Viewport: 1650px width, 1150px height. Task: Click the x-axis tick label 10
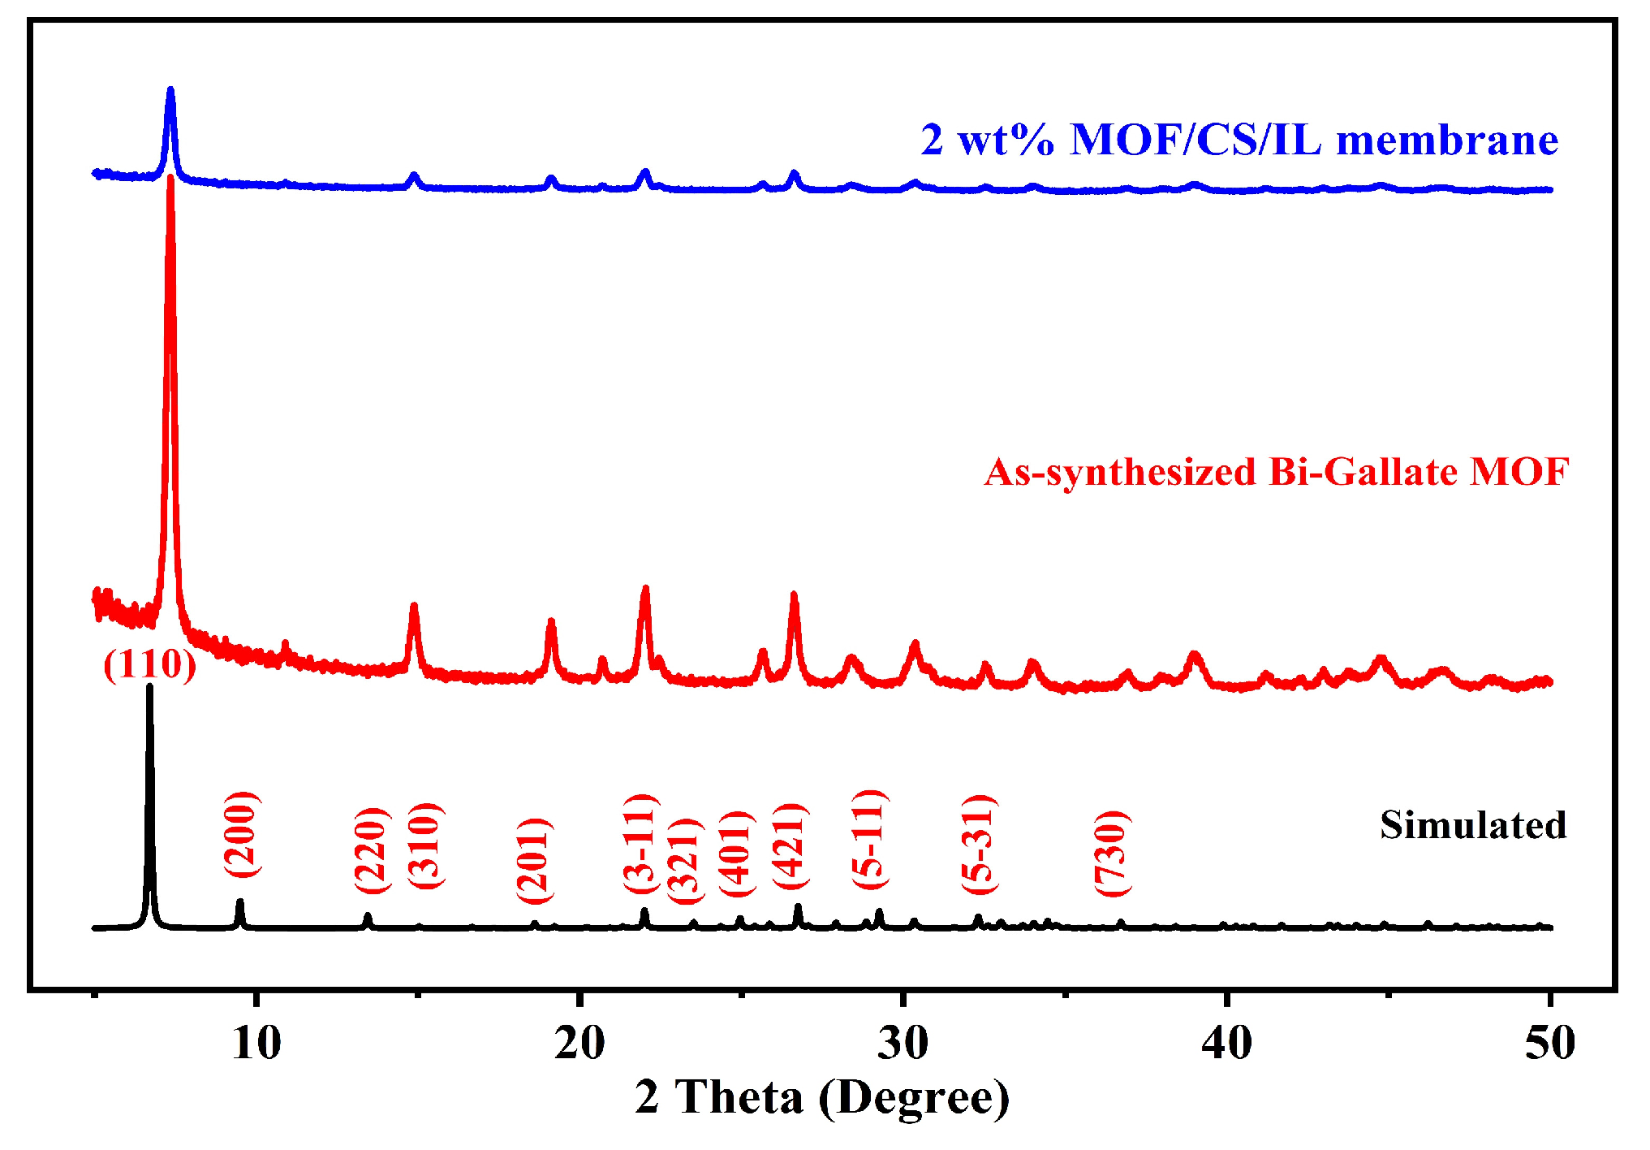[256, 1043]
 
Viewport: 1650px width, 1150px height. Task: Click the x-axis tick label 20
[579, 1043]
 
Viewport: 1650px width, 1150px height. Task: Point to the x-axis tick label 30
[903, 1043]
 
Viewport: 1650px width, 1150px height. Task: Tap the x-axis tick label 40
[1226, 1043]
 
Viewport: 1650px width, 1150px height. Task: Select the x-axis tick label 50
[1549, 1043]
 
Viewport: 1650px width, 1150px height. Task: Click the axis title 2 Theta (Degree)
[822, 1097]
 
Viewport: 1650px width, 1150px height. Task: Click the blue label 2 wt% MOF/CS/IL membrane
[1239, 140]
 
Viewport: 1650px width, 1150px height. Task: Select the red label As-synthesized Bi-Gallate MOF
[1277, 472]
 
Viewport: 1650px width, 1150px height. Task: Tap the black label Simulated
[1473, 825]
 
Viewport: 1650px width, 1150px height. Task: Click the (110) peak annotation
[150, 664]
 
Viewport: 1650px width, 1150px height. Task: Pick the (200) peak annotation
[242, 834]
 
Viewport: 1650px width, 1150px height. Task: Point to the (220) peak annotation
[373, 850]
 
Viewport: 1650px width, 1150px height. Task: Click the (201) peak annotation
[535, 860]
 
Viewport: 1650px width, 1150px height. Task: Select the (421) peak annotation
[790, 845]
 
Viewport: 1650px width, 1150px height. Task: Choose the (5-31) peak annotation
[979, 845]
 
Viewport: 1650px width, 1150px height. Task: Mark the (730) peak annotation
[1112, 853]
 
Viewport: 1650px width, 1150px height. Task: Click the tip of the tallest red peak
[170, 177]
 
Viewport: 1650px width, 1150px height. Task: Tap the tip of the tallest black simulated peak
[149, 687]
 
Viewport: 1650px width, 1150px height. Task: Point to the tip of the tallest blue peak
[170, 89]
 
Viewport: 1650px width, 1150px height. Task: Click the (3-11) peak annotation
[640, 844]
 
